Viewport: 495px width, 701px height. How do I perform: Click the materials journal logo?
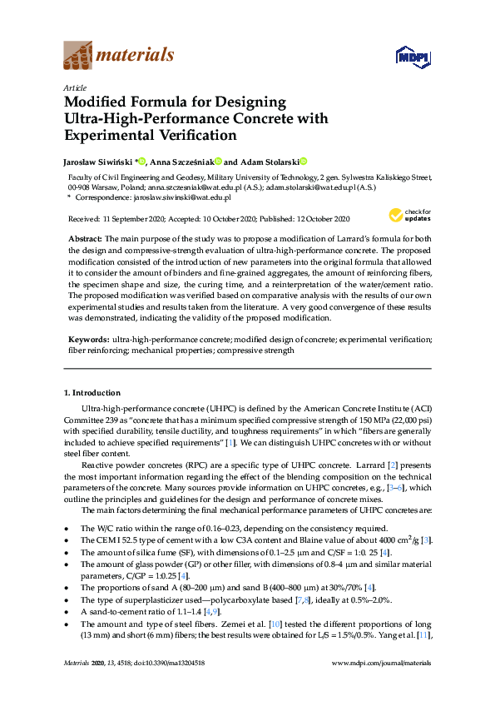[x=118, y=56]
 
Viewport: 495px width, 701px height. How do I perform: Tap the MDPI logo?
[x=410, y=57]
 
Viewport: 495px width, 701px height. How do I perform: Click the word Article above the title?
[x=75, y=87]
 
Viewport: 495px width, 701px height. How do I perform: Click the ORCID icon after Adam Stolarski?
[x=304, y=162]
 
